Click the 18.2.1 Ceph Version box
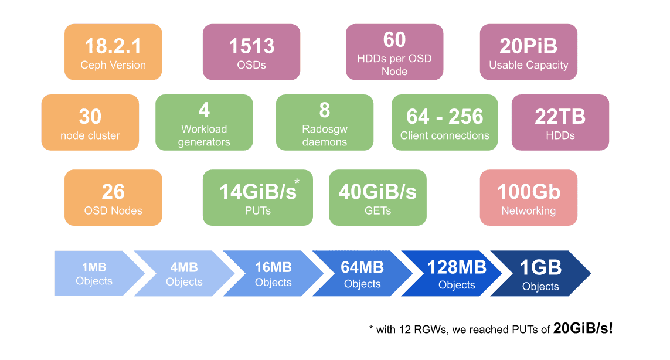point(113,52)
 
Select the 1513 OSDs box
point(251,52)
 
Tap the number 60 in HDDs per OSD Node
point(394,40)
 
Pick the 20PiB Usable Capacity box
point(528,52)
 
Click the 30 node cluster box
point(90,123)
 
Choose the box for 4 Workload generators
point(204,123)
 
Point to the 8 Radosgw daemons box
point(325,123)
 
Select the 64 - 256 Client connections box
point(444,123)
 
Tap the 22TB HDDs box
point(560,123)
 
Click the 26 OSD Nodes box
point(113,198)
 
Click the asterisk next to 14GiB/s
point(297,182)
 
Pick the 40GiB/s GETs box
point(377,198)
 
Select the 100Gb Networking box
point(528,198)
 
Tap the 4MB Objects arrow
point(184,274)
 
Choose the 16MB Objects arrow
point(273,274)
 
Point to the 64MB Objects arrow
point(362,274)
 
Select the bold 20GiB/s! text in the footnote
point(583,328)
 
